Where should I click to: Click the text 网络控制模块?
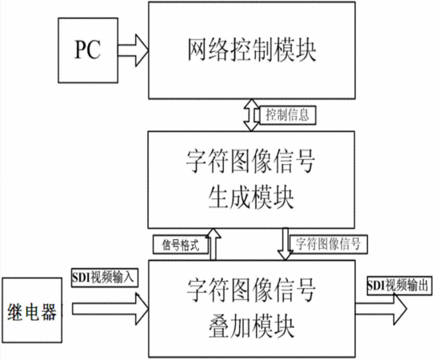pos(252,50)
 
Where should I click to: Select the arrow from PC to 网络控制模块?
pos(134,50)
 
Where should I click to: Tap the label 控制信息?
pos(288,114)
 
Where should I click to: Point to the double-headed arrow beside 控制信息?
pos(251,115)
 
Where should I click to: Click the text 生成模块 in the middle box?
pos(251,198)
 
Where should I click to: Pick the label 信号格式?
pos(181,245)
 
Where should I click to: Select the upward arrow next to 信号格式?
pos(214,244)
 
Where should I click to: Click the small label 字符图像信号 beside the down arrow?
pos(328,244)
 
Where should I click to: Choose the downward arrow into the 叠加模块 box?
pos(285,244)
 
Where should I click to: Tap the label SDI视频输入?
pos(105,278)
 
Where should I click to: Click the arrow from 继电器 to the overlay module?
pos(110,309)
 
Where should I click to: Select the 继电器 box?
pos(32,310)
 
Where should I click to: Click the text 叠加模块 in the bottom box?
pos(251,326)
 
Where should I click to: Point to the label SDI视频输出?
pos(400,286)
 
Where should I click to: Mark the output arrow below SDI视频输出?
pos(381,309)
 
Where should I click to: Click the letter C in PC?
pos(94,50)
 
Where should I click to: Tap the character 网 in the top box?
pos(198,50)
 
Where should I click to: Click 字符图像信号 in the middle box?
pos(250,162)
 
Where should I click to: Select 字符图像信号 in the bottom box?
pos(251,290)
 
